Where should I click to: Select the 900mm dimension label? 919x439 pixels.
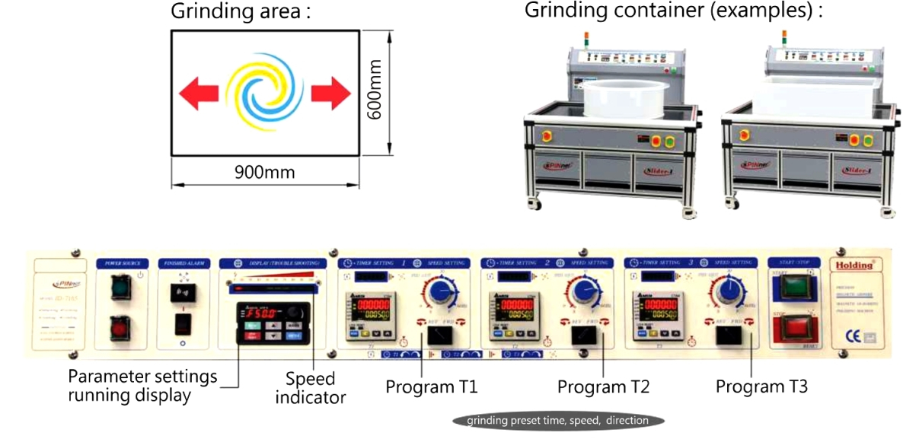(x=265, y=173)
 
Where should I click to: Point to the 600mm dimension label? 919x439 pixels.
(x=374, y=90)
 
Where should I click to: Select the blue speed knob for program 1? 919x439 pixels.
(x=440, y=293)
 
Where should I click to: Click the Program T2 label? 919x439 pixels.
(x=603, y=387)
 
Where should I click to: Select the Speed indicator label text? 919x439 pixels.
(x=311, y=387)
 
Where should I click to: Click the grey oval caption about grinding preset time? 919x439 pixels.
(x=557, y=420)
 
